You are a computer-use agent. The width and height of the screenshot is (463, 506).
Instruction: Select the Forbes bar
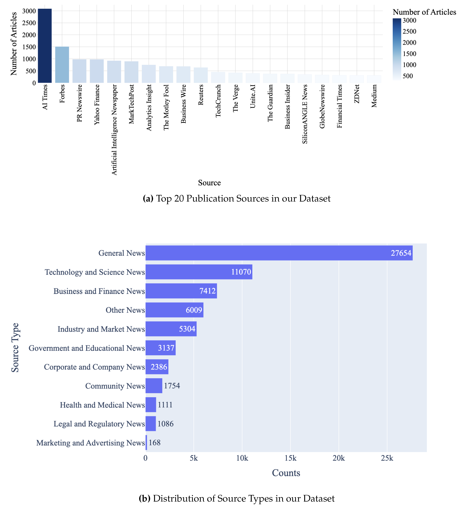tap(62, 65)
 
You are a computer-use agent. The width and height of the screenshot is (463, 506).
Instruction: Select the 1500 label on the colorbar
tap(409, 54)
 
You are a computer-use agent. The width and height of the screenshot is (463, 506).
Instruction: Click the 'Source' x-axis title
tap(209, 183)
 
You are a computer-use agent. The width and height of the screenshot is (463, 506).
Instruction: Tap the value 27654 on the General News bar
tap(401, 253)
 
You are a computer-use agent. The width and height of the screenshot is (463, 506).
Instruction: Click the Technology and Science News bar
tap(199, 272)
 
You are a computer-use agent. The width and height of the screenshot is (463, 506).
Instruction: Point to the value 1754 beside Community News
tap(172, 386)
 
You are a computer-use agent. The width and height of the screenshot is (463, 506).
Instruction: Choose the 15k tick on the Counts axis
tap(290, 458)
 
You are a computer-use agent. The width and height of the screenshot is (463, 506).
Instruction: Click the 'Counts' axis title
tap(286, 473)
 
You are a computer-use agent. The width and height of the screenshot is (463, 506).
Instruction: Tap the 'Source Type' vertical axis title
tap(15, 348)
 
